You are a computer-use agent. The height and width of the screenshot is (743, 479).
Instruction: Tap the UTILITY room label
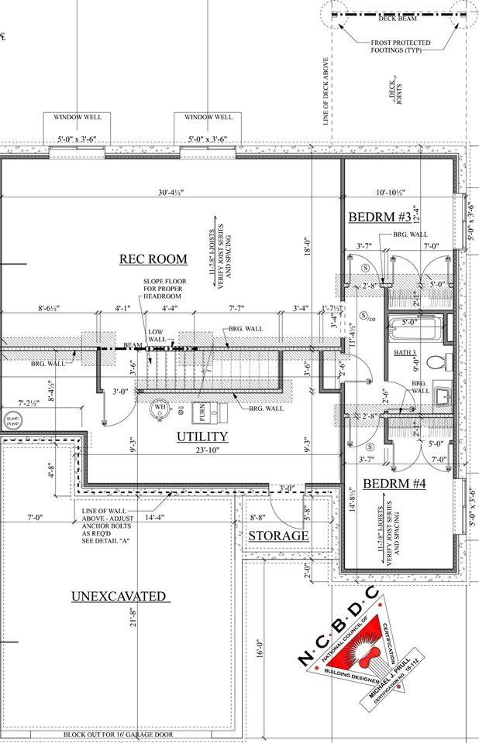[202, 437]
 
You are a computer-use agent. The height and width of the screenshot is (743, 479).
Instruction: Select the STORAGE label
[278, 536]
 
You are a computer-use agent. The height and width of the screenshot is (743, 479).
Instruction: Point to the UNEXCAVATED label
[119, 596]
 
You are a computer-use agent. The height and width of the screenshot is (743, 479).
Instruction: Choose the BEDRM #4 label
[394, 484]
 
